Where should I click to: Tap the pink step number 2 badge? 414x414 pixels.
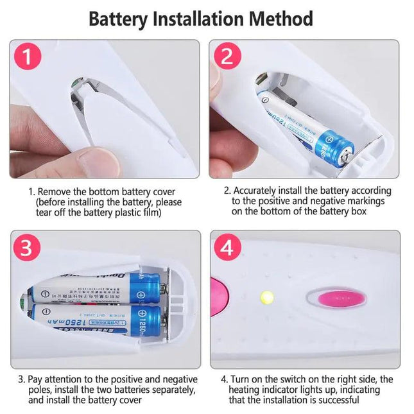[227, 57]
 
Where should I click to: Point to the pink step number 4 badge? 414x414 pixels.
[227, 248]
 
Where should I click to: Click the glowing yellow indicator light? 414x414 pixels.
[265, 298]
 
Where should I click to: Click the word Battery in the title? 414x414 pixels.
[117, 19]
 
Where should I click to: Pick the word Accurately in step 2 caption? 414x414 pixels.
[255, 191]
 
